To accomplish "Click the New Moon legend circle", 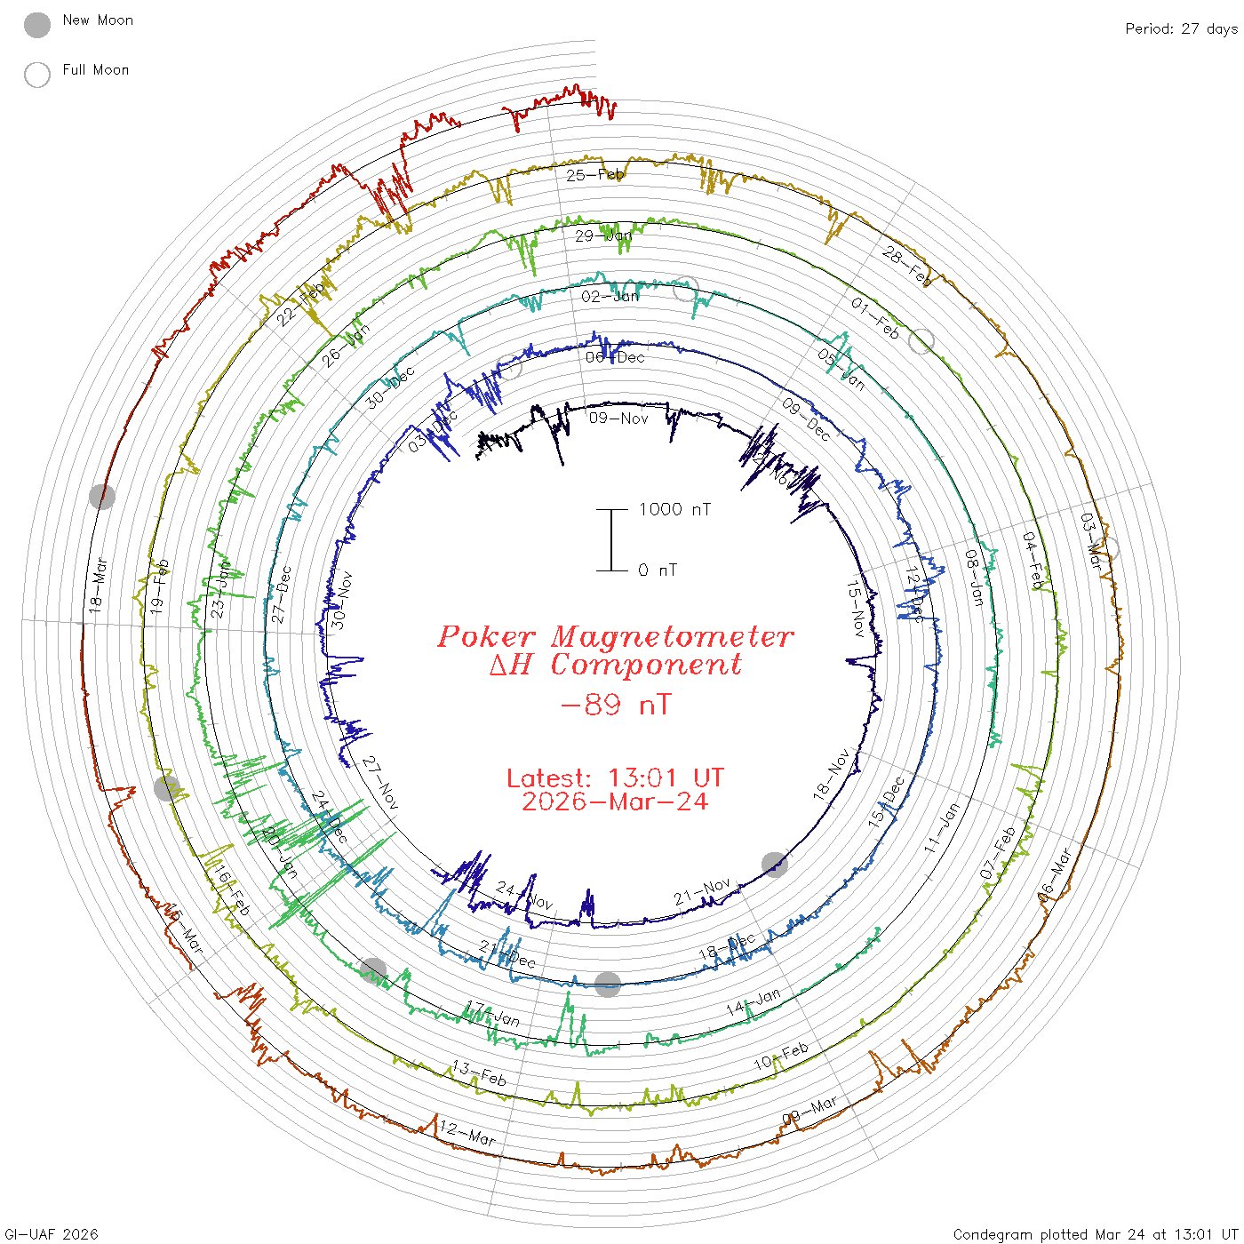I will click(37, 25).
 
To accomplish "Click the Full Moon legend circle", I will click(37, 75).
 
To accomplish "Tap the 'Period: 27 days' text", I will click(1181, 28).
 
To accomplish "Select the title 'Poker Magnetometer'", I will click(615, 636).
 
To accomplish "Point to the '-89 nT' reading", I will click(616, 705).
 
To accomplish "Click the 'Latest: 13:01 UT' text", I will click(615, 778).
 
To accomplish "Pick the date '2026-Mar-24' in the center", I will click(615, 801).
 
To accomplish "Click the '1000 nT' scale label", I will click(674, 509).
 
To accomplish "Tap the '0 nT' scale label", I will click(658, 570).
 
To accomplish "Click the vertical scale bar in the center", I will click(611, 539).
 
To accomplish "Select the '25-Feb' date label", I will click(595, 175).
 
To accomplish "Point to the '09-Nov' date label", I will click(618, 418).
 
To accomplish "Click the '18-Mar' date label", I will click(98, 585).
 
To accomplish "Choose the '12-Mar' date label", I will click(467, 1134).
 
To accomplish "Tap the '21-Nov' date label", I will click(702, 892).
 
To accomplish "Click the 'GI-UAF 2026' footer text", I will click(52, 1234).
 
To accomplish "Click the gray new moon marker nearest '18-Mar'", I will click(102, 496).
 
